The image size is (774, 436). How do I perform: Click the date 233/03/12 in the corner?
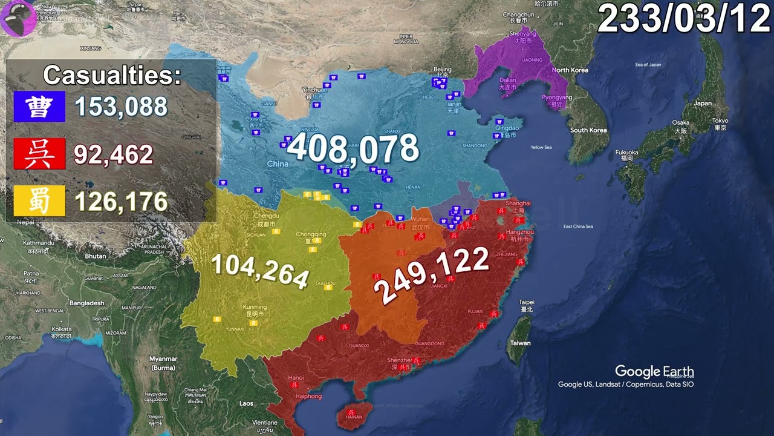pyautogui.click(x=684, y=20)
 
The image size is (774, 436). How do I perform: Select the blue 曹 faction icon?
pyautogui.click(x=39, y=107)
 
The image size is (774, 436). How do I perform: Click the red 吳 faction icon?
pyautogui.click(x=39, y=154)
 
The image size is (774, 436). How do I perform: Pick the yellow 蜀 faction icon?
pyautogui.click(x=39, y=202)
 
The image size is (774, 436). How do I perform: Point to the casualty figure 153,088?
pyautogui.click(x=121, y=107)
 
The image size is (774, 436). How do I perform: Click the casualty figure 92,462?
pyautogui.click(x=114, y=154)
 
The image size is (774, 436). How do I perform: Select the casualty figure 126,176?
pyautogui.click(x=121, y=202)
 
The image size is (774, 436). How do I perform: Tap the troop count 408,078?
pyautogui.click(x=353, y=149)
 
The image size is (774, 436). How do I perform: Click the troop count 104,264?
pyautogui.click(x=260, y=269)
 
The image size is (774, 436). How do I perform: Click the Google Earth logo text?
pyautogui.click(x=654, y=372)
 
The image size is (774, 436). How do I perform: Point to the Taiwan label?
pyautogui.click(x=520, y=343)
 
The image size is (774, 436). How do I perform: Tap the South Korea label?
pyautogui.click(x=588, y=130)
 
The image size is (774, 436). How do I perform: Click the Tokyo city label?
pyautogui.click(x=720, y=121)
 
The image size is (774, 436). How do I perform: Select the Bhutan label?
pyautogui.click(x=95, y=256)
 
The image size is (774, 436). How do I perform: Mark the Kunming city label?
pyautogui.click(x=254, y=308)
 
